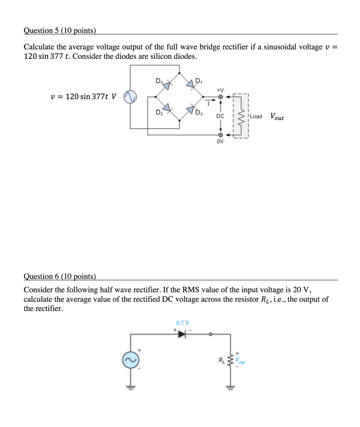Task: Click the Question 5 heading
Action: pyautogui.click(x=60, y=30)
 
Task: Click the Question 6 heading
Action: pyautogui.click(x=60, y=276)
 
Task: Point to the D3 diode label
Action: pyautogui.click(x=200, y=113)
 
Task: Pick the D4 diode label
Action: pyautogui.click(x=158, y=80)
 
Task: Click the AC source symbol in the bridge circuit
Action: pyautogui.click(x=130, y=97)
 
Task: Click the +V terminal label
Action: pyautogui.click(x=220, y=89)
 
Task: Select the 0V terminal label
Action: pyautogui.click(x=220, y=142)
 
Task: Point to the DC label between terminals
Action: pyautogui.click(x=220, y=116)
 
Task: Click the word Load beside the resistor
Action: pyautogui.click(x=256, y=116)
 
